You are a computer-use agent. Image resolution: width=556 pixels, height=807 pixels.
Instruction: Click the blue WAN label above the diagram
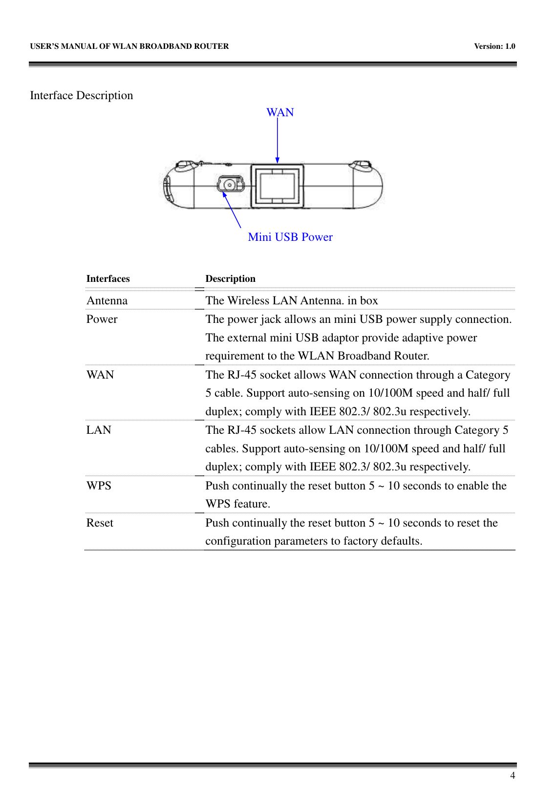(280, 112)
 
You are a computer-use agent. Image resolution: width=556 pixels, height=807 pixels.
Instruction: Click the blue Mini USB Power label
(290, 237)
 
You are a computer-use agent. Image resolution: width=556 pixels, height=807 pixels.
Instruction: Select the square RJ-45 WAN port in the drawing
(277, 186)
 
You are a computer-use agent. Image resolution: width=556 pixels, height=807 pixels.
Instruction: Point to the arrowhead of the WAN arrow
(278, 160)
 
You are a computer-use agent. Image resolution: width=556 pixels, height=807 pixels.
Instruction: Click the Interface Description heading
(82, 95)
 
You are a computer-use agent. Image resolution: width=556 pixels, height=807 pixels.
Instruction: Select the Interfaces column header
(108, 278)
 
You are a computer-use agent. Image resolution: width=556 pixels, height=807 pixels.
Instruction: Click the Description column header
(230, 278)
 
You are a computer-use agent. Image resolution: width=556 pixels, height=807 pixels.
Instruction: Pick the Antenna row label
(107, 300)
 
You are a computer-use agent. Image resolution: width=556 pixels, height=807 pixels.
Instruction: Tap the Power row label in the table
(102, 319)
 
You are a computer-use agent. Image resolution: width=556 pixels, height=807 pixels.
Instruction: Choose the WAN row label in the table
(100, 375)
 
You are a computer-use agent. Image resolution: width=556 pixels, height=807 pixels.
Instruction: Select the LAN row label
(99, 430)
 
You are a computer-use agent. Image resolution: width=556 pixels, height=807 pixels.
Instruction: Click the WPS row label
(99, 486)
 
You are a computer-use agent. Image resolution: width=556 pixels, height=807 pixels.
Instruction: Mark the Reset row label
(100, 523)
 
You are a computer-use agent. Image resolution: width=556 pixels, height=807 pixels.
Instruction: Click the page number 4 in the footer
(513, 776)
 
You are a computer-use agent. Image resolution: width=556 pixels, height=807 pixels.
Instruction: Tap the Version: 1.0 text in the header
(494, 46)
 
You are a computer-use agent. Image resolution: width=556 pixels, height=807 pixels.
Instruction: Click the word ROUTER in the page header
(213, 46)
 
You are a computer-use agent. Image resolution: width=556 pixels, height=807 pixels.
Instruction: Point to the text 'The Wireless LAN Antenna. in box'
(292, 300)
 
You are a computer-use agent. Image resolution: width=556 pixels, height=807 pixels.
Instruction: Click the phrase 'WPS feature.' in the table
(238, 504)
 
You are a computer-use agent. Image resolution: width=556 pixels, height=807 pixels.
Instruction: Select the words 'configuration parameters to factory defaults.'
(314, 541)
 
